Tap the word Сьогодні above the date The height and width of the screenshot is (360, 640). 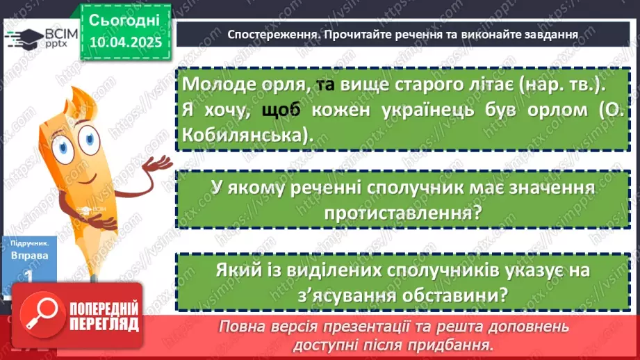pos(125,19)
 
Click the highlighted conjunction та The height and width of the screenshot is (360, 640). pos(325,84)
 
